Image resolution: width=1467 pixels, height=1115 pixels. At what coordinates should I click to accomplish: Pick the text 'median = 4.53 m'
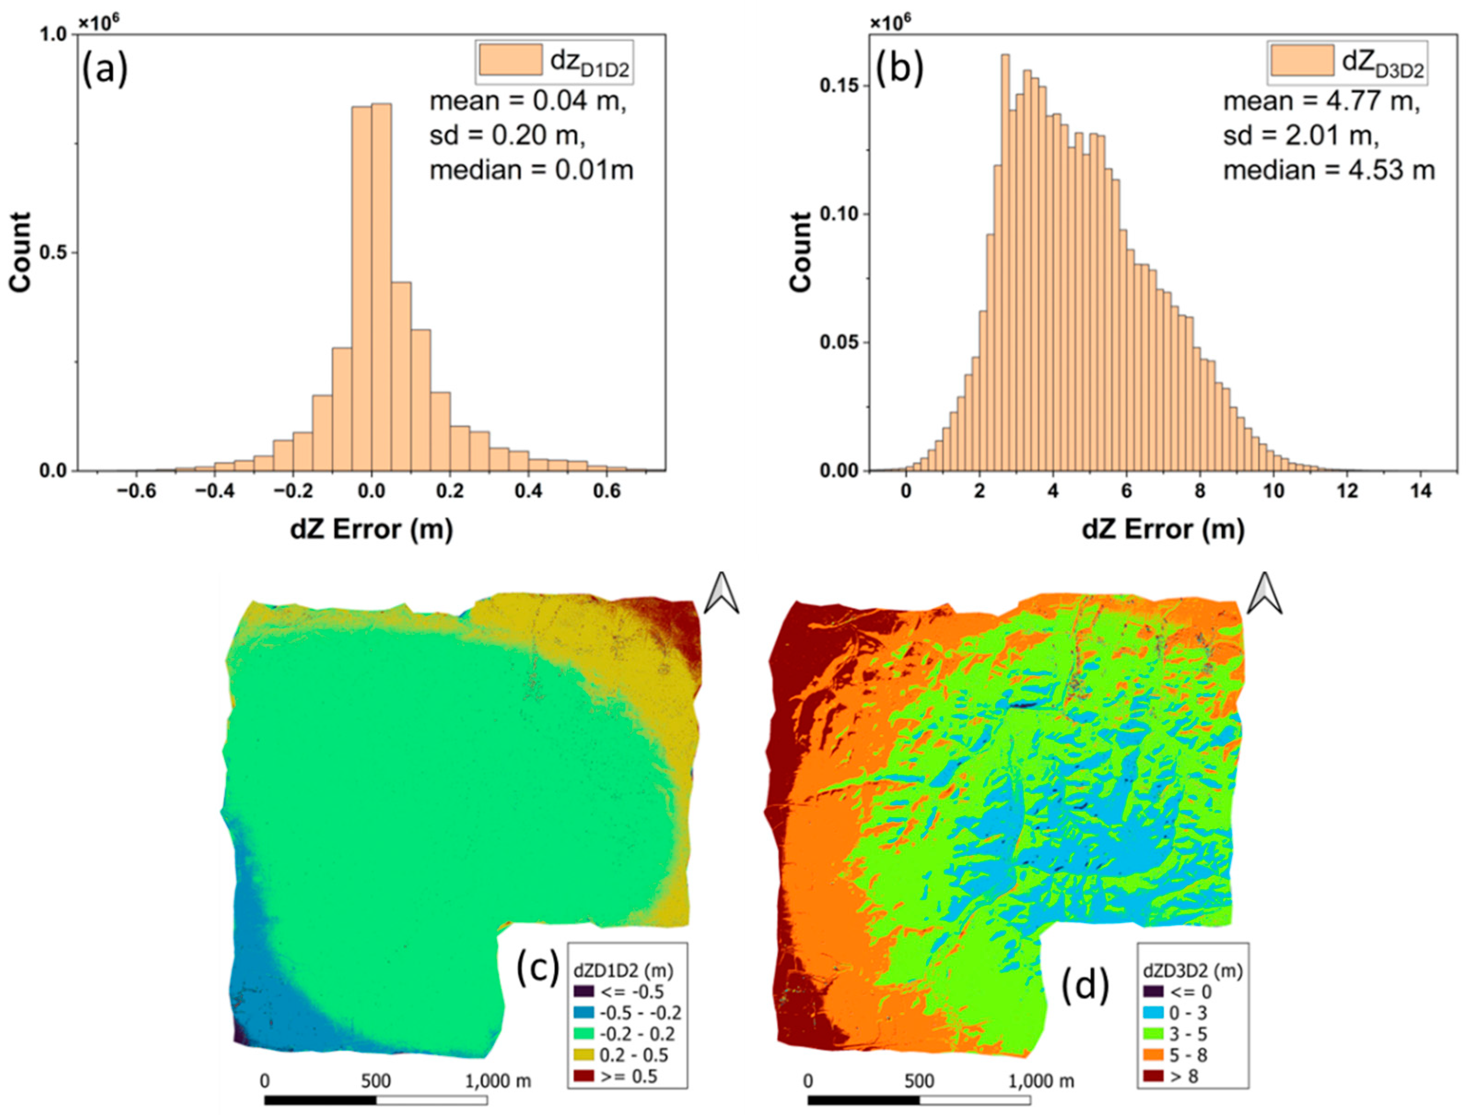pos(1329,171)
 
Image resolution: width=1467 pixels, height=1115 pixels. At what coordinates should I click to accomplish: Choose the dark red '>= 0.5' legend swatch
pos(583,1076)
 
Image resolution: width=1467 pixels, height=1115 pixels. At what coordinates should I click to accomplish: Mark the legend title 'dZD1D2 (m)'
pos(623,970)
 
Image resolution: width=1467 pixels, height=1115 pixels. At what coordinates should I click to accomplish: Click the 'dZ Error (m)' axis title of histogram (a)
pos(372,529)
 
